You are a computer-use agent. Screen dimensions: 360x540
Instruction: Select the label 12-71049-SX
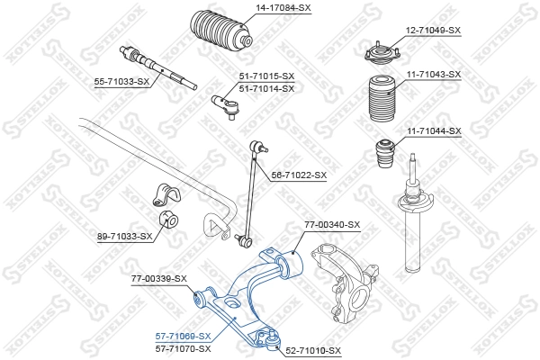pos(432,30)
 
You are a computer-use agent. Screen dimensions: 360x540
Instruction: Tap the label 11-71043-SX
pos(432,74)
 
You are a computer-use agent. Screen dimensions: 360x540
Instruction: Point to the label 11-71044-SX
pos(432,130)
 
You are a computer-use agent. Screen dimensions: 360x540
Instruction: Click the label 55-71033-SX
pos(122,82)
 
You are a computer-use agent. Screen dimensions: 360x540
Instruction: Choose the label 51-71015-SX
pos(266,76)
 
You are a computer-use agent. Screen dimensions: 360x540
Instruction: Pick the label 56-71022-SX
pos(299,175)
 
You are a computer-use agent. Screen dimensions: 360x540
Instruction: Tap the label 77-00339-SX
pos(158,278)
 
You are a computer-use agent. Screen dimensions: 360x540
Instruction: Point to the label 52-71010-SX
pos(313,349)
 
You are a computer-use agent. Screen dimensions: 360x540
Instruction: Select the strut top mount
pos(381,52)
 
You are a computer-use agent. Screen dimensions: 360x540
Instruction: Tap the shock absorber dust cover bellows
pos(382,99)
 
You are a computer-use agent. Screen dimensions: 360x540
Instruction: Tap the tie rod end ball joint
pos(226,106)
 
